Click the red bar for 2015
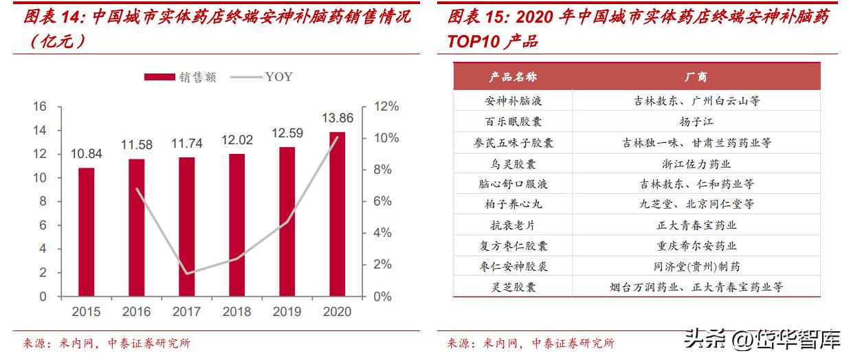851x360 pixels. [x=86, y=232]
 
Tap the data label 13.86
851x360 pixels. [x=337, y=118]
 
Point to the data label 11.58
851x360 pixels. [x=136, y=145]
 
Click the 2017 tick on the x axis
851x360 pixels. [x=186, y=312]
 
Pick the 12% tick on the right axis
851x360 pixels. [x=385, y=106]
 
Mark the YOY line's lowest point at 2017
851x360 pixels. [x=186, y=273]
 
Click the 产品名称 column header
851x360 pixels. [x=513, y=77]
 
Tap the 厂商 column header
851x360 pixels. [x=696, y=77]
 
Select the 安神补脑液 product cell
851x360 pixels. [x=513, y=101]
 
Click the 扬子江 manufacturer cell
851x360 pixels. [x=696, y=122]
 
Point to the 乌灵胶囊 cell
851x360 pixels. [x=513, y=164]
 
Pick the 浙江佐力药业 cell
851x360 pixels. [x=696, y=164]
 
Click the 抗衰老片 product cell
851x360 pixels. [x=513, y=225]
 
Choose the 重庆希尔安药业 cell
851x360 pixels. [x=696, y=246]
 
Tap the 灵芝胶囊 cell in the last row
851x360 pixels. [x=513, y=287]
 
